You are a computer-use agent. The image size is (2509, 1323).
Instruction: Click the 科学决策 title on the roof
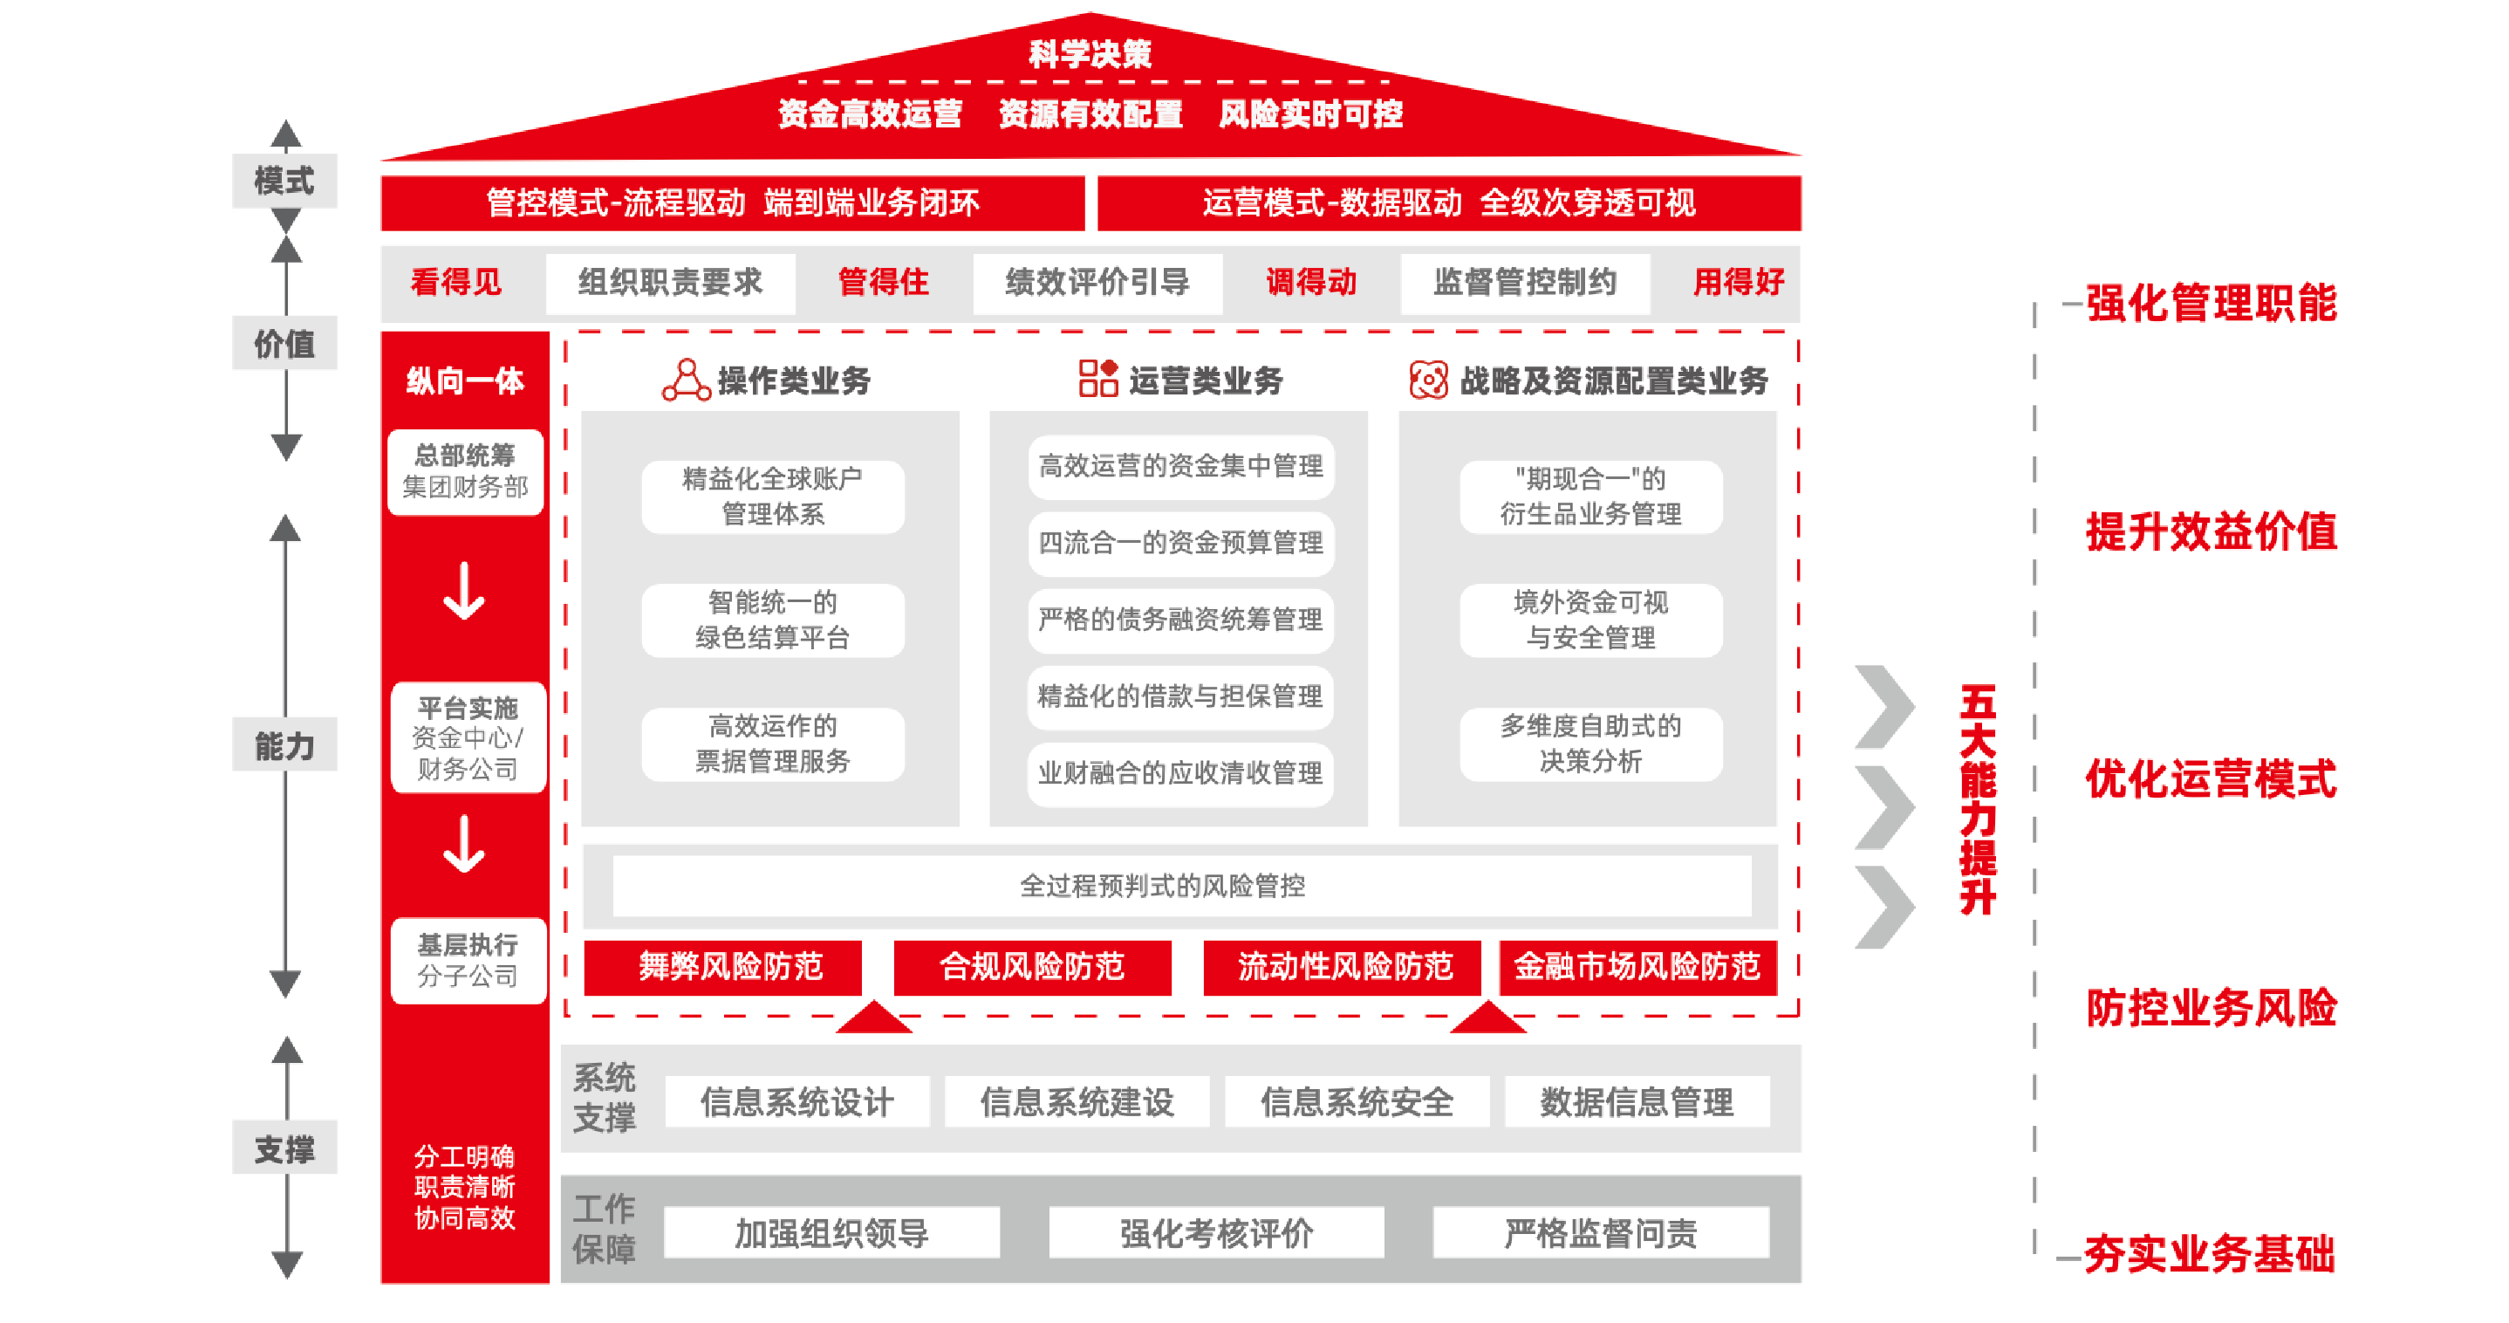click(1090, 53)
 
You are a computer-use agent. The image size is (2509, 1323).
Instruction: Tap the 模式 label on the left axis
click(284, 181)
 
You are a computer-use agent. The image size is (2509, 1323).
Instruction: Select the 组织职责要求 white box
click(670, 283)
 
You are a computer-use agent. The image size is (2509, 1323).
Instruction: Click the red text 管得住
click(884, 283)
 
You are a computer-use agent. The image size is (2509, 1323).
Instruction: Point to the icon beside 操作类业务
click(686, 380)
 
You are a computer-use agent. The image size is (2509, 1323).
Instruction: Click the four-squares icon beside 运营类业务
click(1097, 378)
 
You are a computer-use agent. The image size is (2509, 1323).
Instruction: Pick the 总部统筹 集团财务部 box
click(466, 471)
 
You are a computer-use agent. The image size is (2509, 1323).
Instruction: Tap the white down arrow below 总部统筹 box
click(465, 593)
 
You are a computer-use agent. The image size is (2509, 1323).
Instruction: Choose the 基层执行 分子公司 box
click(468, 961)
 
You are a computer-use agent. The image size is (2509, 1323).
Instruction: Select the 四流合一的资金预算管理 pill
click(1180, 543)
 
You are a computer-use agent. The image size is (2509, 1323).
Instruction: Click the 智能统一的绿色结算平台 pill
click(772, 620)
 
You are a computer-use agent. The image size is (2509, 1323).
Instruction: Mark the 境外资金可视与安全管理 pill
click(1590, 620)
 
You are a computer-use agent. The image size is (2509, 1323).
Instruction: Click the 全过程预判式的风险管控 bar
click(1180, 886)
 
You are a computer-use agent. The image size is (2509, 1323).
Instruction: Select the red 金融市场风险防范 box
click(1637, 966)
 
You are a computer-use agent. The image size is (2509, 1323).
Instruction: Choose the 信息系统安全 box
click(1357, 1102)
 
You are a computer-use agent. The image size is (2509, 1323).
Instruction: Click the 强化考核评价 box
click(1215, 1233)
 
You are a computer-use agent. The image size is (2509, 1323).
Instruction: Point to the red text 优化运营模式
click(2210, 779)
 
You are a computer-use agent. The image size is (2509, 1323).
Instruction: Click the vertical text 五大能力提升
click(1977, 799)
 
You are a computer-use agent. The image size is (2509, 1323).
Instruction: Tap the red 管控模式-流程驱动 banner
click(733, 202)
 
